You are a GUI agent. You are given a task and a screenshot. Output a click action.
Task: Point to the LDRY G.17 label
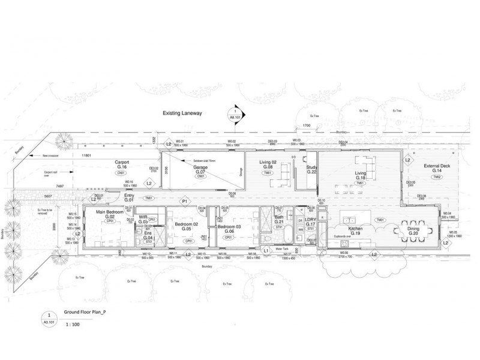(x=310, y=222)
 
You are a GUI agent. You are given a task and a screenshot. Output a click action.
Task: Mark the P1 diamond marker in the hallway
(x=185, y=202)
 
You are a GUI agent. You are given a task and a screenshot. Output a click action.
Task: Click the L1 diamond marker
(x=266, y=250)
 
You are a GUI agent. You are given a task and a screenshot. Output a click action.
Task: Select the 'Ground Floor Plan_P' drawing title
(x=85, y=312)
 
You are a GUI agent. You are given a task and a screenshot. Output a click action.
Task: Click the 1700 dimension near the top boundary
(x=306, y=126)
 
